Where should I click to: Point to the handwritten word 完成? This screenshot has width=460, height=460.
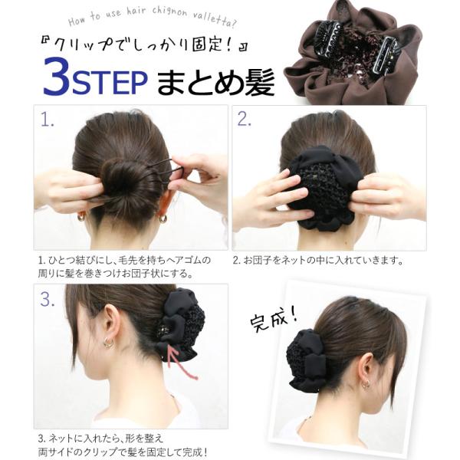pyautogui.click(x=274, y=320)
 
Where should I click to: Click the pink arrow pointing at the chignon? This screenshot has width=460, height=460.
pyautogui.click(x=182, y=363)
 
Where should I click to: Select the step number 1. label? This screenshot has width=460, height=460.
pyautogui.click(x=47, y=120)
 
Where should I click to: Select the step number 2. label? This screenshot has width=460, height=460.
pyautogui.click(x=244, y=120)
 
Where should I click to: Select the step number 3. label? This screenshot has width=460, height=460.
pyautogui.click(x=48, y=300)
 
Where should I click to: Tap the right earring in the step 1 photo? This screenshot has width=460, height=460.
pyautogui.click(x=163, y=219)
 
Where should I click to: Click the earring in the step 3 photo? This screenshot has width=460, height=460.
pyautogui.click(x=109, y=343)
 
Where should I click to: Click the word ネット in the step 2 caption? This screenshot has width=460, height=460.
pyautogui.click(x=294, y=260)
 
